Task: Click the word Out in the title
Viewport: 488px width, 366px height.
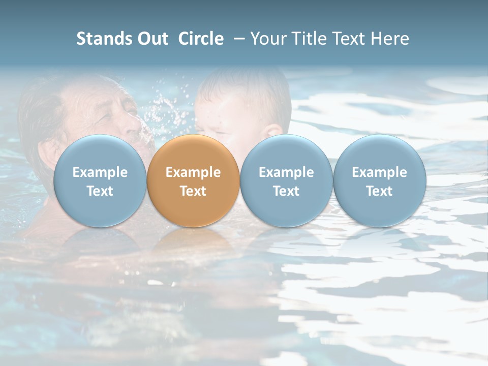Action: [x=151, y=39]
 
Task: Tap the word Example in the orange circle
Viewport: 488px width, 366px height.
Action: [x=193, y=172]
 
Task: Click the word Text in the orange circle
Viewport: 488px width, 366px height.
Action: [x=193, y=191]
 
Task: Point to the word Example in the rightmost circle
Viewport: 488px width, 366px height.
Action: [x=379, y=172]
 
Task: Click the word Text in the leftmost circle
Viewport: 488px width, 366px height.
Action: [x=100, y=191]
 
